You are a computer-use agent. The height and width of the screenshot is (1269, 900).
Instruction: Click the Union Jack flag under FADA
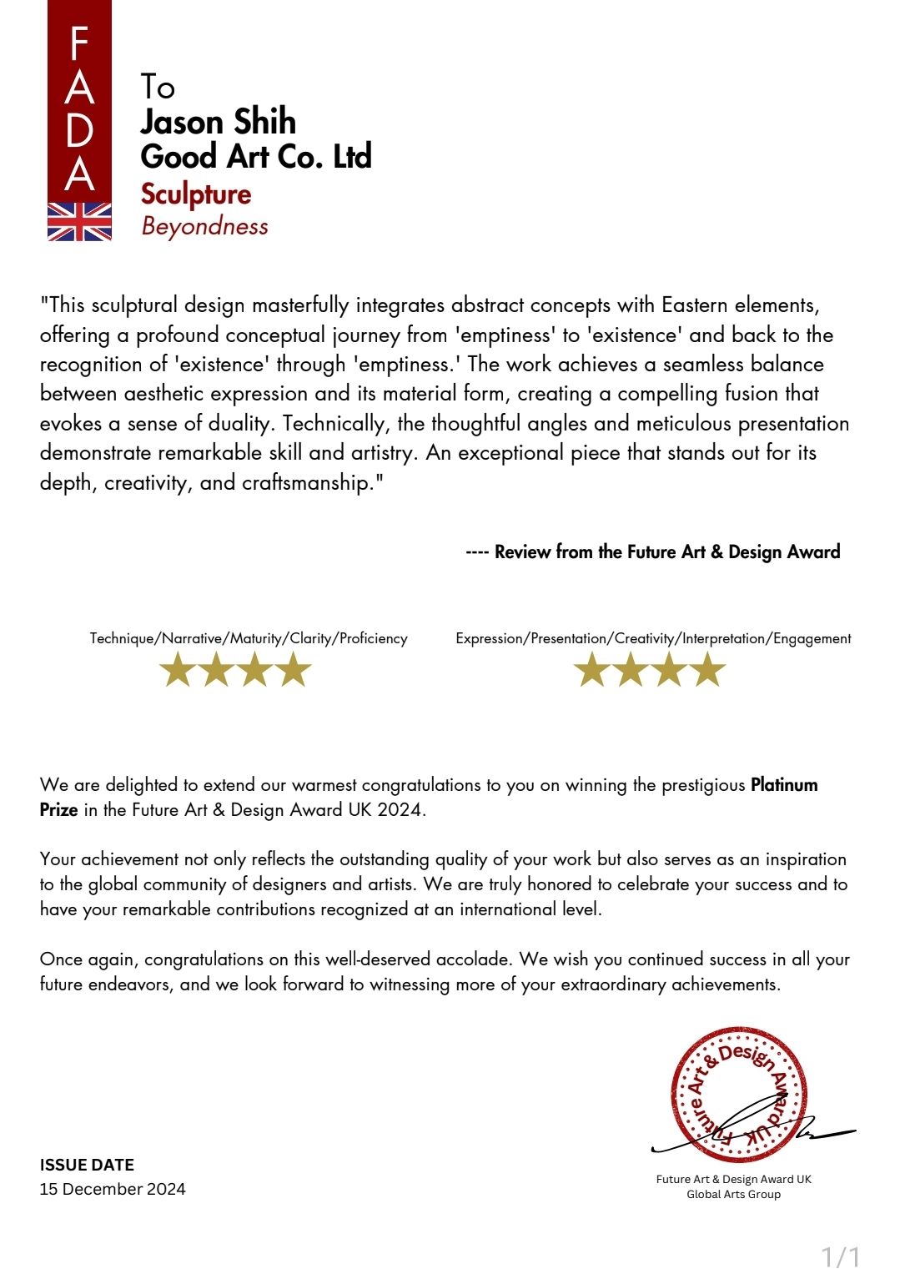click(x=79, y=221)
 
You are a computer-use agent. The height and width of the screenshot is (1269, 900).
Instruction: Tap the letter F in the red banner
click(x=79, y=43)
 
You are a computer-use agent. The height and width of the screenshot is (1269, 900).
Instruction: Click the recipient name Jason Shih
click(x=218, y=122)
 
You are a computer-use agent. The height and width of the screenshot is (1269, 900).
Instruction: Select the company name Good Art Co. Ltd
click(x=255, y=157)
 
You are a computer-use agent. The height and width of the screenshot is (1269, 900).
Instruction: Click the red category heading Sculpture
click(x=196, y=194)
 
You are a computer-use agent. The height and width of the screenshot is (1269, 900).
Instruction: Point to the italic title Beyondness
click(x=204, y=226)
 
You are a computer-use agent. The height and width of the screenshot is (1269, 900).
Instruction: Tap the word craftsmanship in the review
click(x=305, y=483)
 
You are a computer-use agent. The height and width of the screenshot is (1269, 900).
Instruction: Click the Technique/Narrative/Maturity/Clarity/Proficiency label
click(x=249, y=638)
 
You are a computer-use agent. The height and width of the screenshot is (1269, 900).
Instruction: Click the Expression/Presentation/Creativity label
click(x=653, y=638)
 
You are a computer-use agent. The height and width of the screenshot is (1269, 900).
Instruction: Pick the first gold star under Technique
click(x=177, y=670)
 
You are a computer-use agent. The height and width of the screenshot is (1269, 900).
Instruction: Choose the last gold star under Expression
click(x=708, y=670)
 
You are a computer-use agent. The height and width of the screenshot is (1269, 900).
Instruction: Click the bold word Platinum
click(x=784, y=785)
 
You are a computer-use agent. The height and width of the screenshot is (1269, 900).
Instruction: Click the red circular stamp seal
click(x=738, y=1094)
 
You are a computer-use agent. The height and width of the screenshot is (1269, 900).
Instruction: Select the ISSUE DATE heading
click(x=87, y=1165)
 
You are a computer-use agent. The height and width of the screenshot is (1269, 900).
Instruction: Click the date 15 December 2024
click(x=113, y=1189)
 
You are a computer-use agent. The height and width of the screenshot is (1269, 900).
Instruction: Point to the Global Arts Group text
click(x=733, y=1194)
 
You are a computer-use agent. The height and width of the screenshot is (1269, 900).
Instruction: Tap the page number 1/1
click(x=840, y=1256)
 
